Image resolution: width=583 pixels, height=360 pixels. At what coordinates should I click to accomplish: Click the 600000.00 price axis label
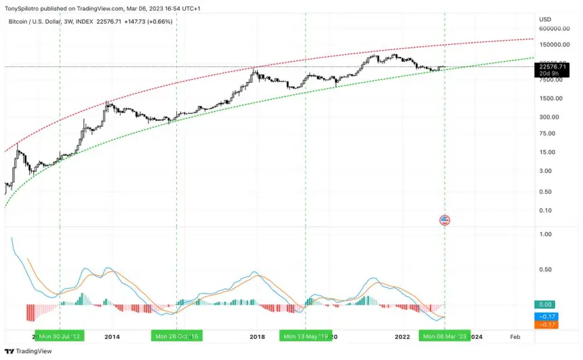554,28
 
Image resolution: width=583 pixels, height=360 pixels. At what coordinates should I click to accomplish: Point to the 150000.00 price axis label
554,45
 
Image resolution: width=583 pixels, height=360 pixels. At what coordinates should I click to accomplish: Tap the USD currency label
545,19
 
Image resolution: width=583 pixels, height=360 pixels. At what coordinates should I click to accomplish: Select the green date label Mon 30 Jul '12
60,336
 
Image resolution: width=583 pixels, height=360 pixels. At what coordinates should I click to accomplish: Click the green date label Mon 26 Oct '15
176,336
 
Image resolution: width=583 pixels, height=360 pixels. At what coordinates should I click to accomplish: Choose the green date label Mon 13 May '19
305,336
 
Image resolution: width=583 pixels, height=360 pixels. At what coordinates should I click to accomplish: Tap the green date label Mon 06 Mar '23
444,336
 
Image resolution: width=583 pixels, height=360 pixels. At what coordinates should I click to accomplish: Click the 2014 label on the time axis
112,336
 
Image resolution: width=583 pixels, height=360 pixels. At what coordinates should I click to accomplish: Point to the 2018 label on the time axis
258,336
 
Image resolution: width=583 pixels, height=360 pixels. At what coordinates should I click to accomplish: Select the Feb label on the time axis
515,336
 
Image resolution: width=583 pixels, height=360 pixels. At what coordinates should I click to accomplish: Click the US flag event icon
445,220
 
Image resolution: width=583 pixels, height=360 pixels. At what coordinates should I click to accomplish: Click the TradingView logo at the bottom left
22,351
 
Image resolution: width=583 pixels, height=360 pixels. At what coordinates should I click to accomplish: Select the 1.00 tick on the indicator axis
544,235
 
